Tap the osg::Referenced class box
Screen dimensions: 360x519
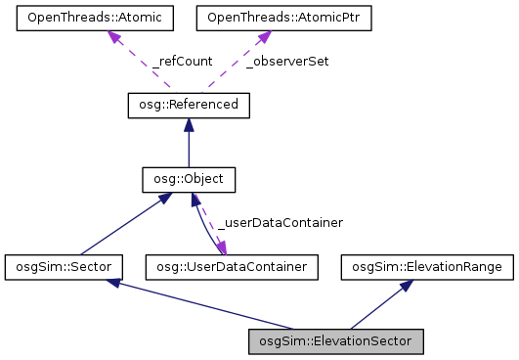pyautogui.click(x=189, y=105)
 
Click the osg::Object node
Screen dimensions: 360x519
pyautogui.click(x=189, y=180)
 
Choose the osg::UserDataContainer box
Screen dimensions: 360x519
pyautogui.click(x=227, y=266)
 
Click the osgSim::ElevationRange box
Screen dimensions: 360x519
pyautogui.click(x=426, y=266)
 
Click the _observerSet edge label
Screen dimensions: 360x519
pyautogui.click(x=286, y=61)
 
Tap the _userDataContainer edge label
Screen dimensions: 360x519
pyautogui.click(x=280, y=223)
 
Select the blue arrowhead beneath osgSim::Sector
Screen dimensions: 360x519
pyautogui.click(x=115, y=283)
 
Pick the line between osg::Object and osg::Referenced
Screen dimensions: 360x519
pyautogui.click(x=189, y=147)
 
